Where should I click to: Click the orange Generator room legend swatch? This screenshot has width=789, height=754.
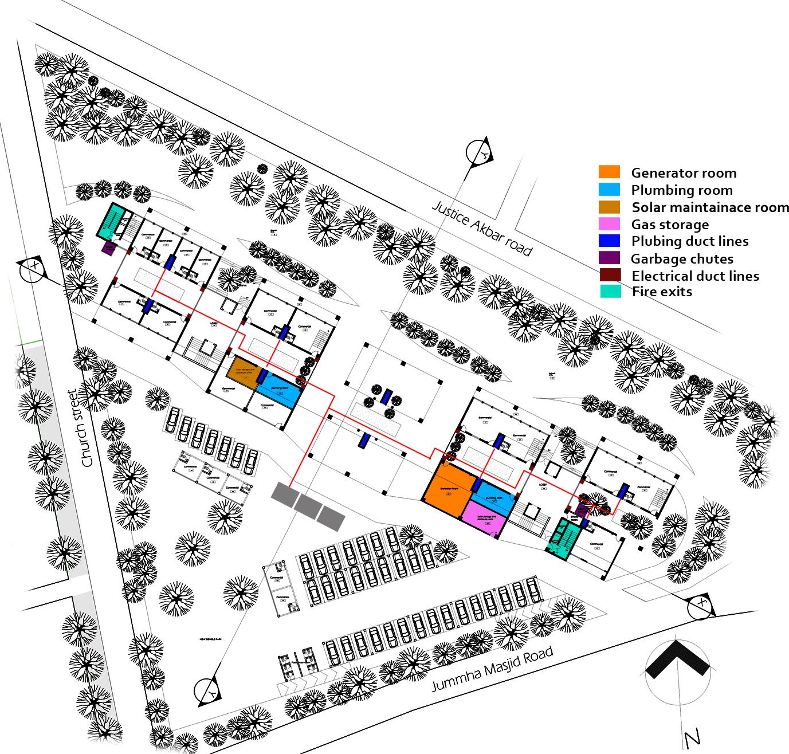point(609,172)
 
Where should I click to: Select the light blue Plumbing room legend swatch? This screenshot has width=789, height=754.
point(609,189)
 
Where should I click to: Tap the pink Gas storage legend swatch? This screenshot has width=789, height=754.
point(609,223)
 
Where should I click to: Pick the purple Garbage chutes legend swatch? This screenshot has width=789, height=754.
point(609,258)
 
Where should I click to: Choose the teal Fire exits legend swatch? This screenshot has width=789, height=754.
point(609,292)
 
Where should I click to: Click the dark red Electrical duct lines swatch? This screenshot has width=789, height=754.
point(609,275)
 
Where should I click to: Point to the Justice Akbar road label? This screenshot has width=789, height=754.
point(482,228)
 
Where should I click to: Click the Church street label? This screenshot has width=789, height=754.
point(80,429)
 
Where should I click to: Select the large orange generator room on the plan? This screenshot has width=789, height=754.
point(449,489)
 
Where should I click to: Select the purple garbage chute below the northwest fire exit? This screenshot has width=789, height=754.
point(107,249)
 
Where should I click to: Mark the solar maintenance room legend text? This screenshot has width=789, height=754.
point(710,207)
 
